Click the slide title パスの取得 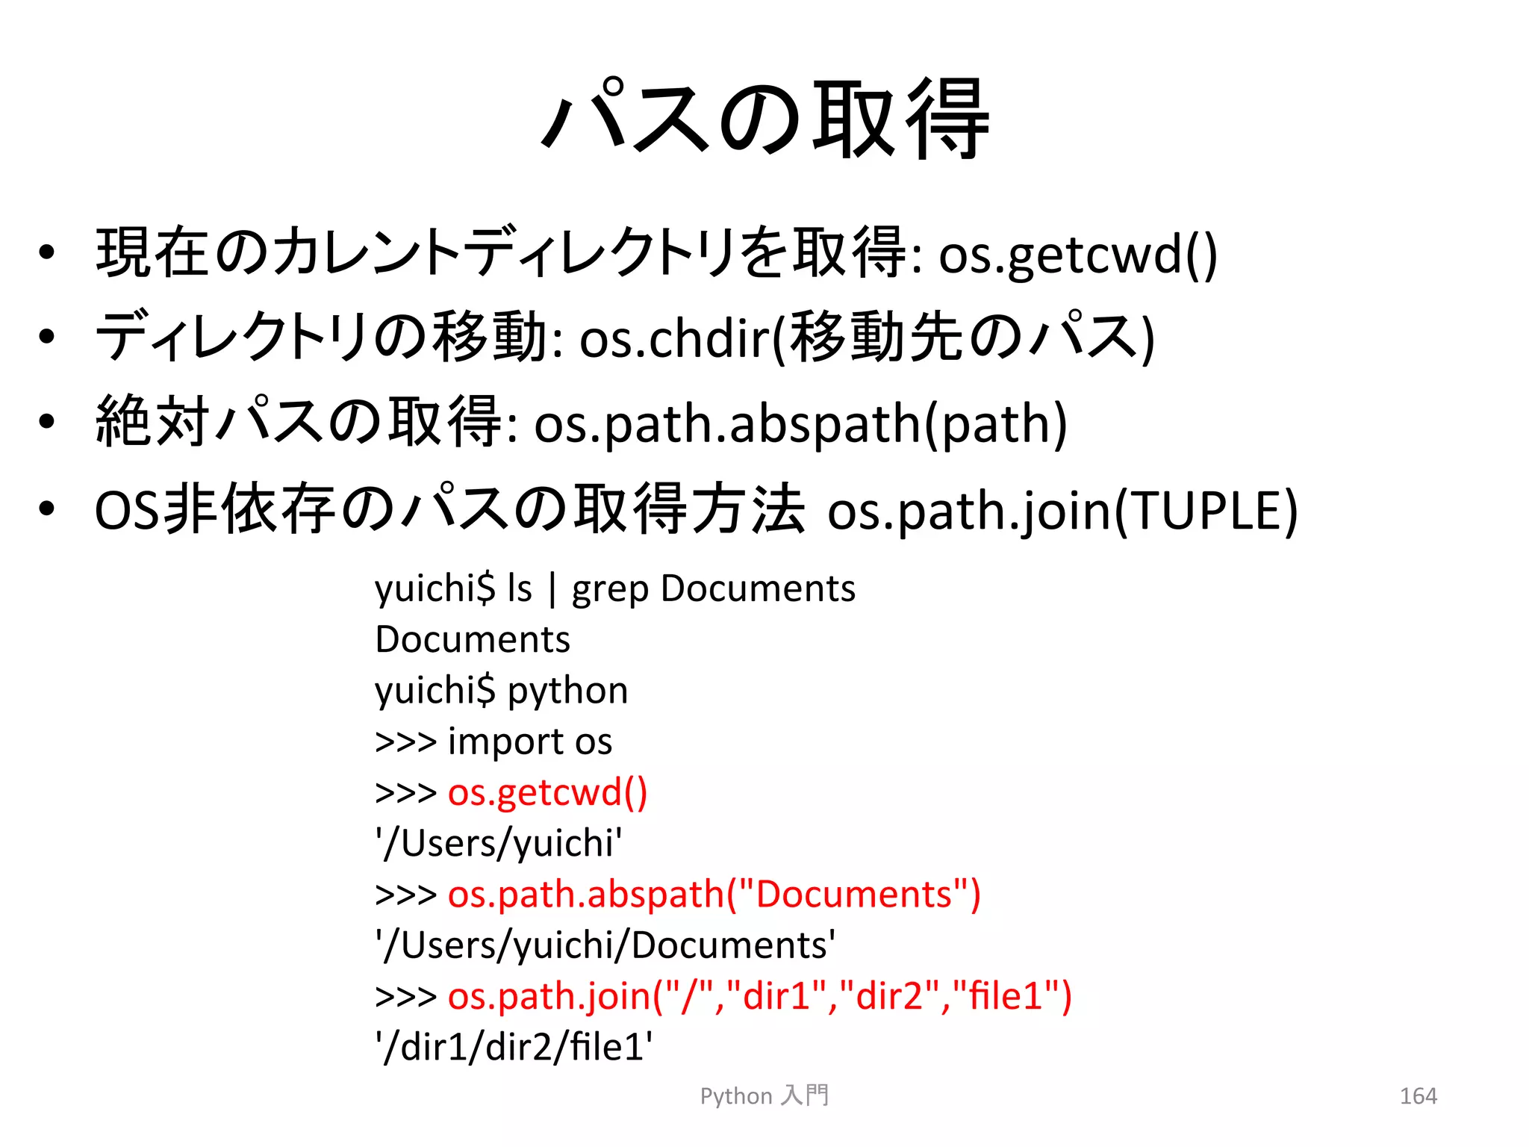point(766,119)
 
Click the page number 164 point(1418,1095)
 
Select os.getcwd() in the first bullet point(1077,255)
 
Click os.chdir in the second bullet point(674,338)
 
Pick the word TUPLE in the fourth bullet point(1205,512)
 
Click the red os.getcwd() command point(547,792)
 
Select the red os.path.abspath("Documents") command point(714,895)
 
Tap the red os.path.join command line point(759,996)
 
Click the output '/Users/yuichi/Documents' point(605,945)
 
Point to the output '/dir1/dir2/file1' point(514,1047)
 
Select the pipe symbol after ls point(552,589)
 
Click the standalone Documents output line point(473,640)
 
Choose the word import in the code point(505,742)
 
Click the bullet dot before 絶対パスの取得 point(47,422)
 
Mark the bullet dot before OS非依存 point(47,509)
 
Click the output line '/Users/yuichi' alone point(499,844)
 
